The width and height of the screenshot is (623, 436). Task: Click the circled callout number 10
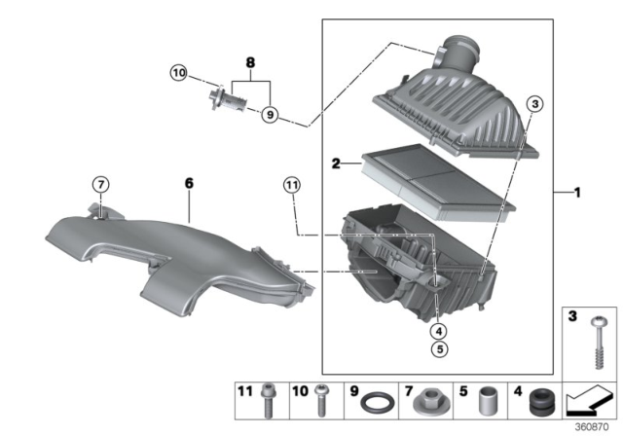tap(177, 73)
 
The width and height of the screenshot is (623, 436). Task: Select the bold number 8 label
tap(251, 61)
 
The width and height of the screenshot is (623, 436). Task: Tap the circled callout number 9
tap(270, 114)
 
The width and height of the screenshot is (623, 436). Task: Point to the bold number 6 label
tap(191, 181)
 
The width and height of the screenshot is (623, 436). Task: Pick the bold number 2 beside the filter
tap(335, 166)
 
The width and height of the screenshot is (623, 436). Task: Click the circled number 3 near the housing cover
tap(533, 105)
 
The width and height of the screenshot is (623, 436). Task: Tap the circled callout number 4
tap(439, 328)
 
